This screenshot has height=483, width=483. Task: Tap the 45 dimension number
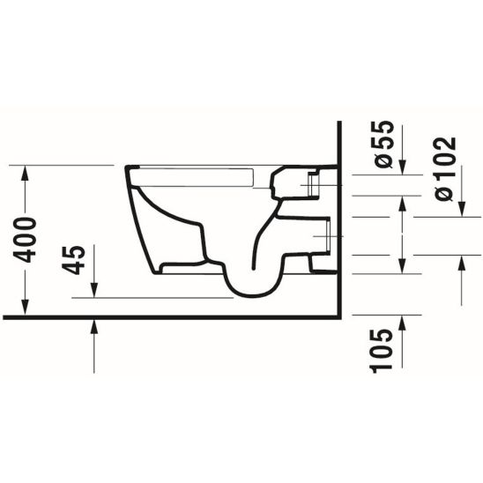pyautogui.click(x=77, y=260)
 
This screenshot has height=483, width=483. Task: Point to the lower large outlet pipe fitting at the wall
pyautogui.click(x=323, y=235)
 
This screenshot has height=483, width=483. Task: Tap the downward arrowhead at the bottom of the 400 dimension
pyautogui.click(x=29, y=309)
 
